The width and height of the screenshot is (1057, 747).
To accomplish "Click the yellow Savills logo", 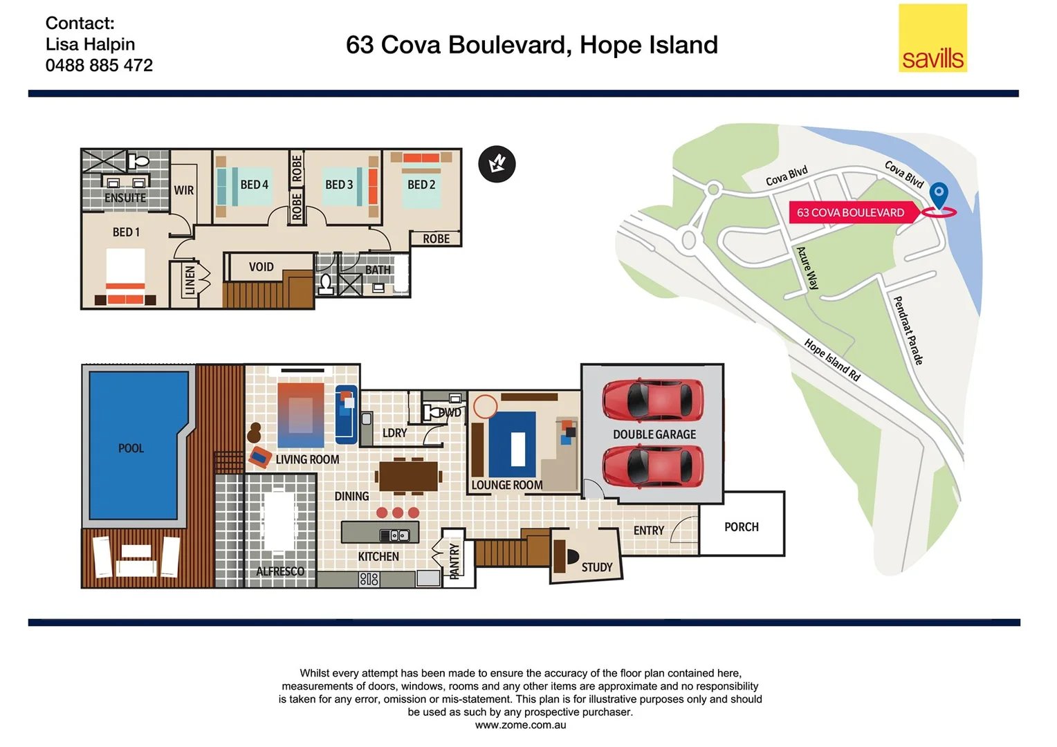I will pos(932,39).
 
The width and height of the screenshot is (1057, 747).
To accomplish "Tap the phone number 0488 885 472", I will pos(99,66).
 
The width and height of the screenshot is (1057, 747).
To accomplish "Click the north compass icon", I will pos(497,165).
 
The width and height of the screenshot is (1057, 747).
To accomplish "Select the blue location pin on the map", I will pos(938,194).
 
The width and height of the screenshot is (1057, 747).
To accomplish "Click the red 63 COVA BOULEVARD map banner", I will pos(851,212).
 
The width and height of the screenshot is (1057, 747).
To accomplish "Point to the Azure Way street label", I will pos(807,268).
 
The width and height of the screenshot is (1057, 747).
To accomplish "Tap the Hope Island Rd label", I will pos(832,360).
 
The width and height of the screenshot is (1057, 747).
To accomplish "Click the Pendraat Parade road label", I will pos(908,331).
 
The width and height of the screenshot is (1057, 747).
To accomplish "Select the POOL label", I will pos(131,448).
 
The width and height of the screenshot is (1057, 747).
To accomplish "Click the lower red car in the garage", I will pos(652,466).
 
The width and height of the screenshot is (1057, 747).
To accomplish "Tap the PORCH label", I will pos(741,527).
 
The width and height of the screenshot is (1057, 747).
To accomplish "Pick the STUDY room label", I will pos(596,567).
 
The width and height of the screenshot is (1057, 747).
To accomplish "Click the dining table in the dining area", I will pos(408,476).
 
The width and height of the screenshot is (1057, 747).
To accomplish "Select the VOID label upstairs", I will pos(261,267).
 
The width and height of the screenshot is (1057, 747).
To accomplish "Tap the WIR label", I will pos(183,190).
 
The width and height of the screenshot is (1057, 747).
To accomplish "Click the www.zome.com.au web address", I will pos(520,725).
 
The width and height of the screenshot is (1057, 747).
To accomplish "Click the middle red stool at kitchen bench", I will pos(398,513).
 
